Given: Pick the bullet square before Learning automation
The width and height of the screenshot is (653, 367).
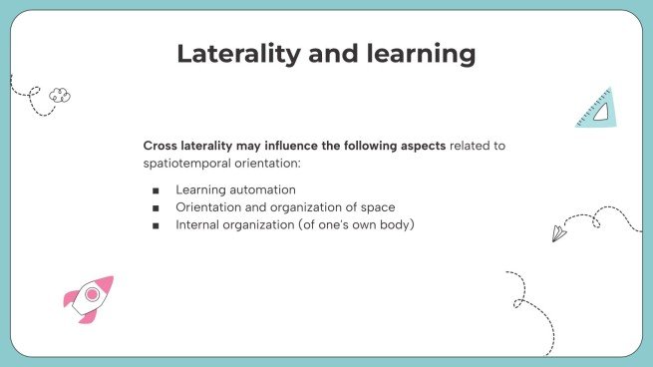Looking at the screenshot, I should coord(156,189).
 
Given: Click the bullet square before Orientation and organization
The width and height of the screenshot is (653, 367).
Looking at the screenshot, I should coord(156,207).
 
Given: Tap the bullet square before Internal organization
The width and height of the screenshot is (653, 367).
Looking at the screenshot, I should coord(156,225).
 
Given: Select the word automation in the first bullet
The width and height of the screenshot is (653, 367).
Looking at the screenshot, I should coord(262,188).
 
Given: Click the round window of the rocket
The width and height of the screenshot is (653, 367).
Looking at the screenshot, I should coord(92,294).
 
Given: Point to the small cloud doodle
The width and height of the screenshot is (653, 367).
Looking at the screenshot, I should coord(61,95).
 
